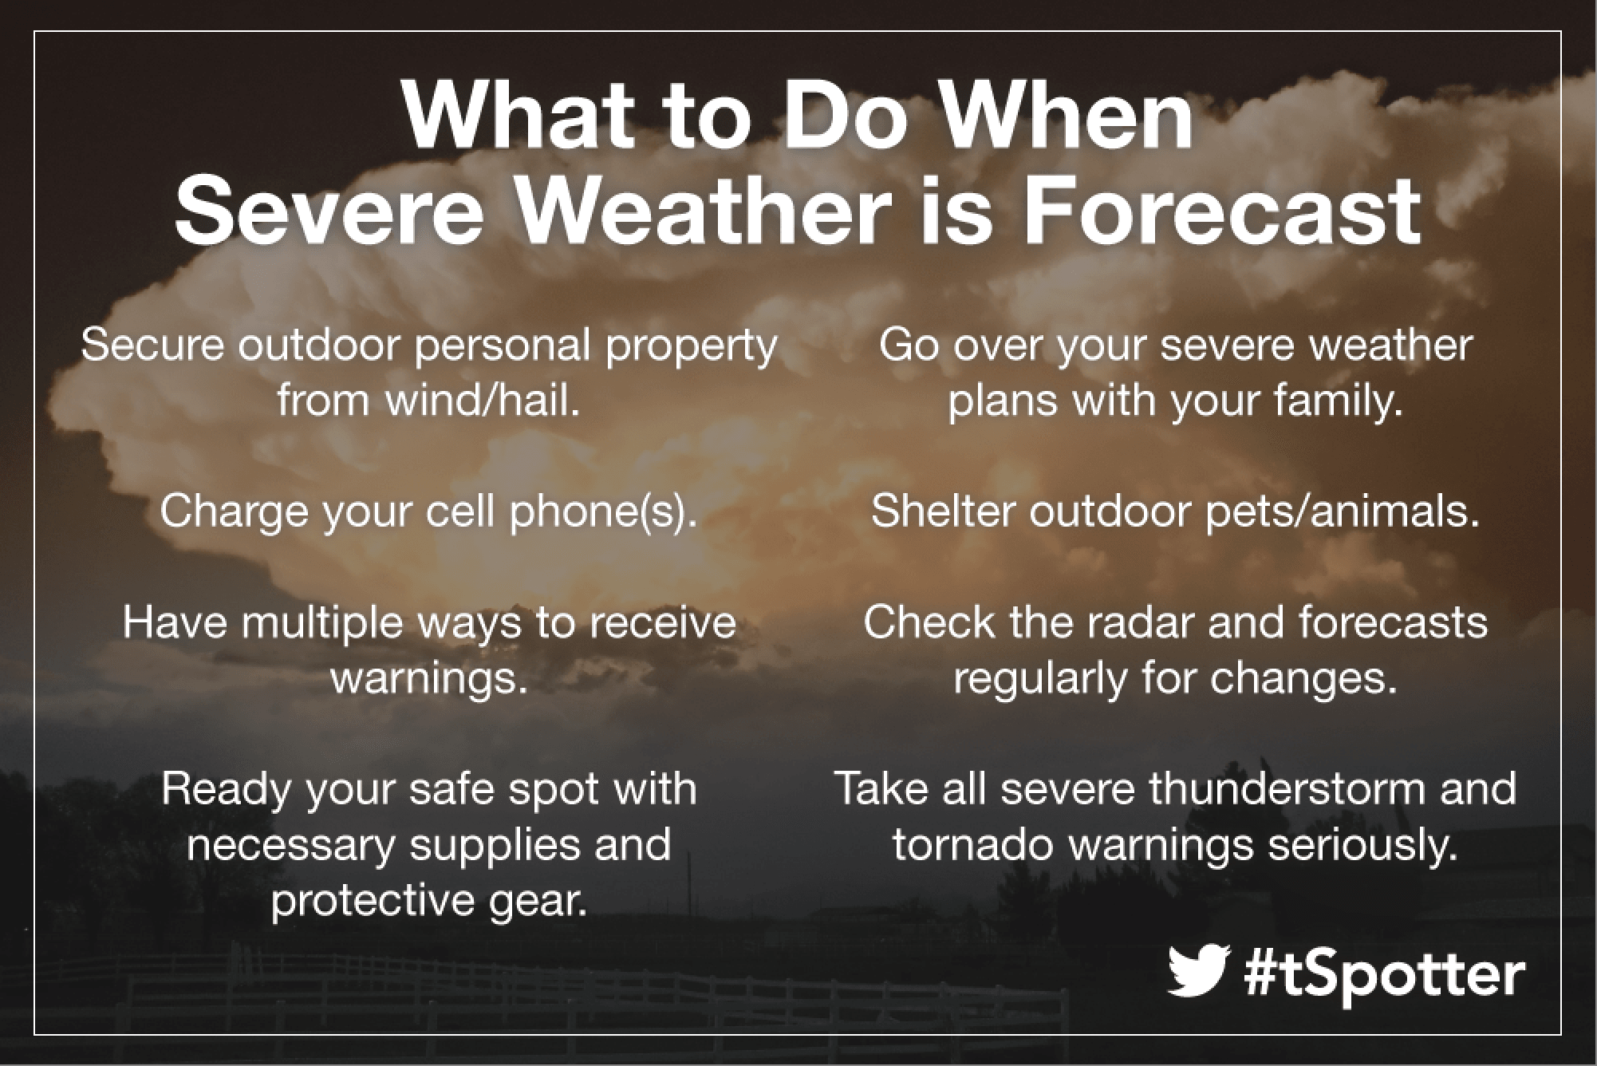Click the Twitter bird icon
click(x=1196, y=971)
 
